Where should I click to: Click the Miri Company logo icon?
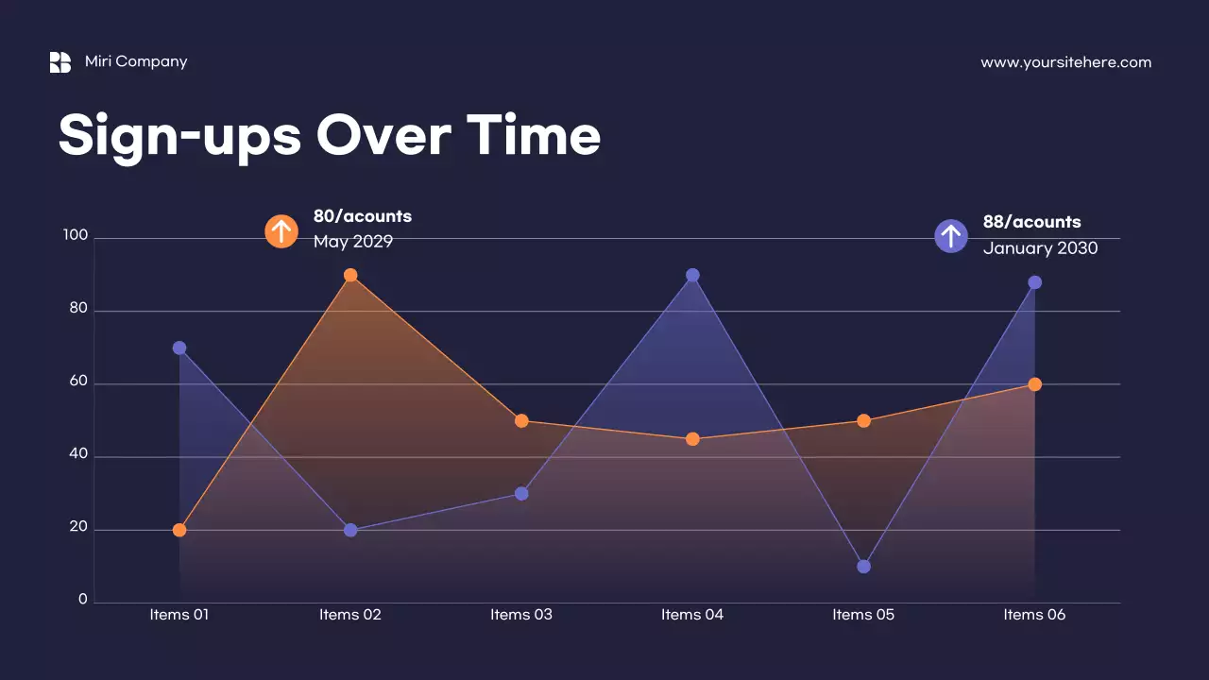tap(60, 62)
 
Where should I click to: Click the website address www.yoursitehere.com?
tap(1065, 62)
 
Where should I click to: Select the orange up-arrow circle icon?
tap(281, 230)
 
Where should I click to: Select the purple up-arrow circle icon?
tap(951, 236)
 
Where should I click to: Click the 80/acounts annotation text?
tap(363, 216)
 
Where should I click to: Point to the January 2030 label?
tap(1040, 248)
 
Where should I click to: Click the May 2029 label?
tap(353, 242)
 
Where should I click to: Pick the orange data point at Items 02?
tap(350, 275)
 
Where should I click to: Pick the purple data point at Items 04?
tap(692, 275)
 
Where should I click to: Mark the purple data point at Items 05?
tap(863, 567)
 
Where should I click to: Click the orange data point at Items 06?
tap(1034, 384)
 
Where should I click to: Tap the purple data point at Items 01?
tap(179, 348)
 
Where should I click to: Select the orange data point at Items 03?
tap(521, 421)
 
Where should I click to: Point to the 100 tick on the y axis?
tap(76, 236)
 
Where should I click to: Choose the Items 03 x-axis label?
tap(521, 615)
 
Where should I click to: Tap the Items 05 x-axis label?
tap(863, 615)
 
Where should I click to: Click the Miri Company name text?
tap(136, 61)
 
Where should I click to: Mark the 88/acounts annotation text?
tap(1031, 222)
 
